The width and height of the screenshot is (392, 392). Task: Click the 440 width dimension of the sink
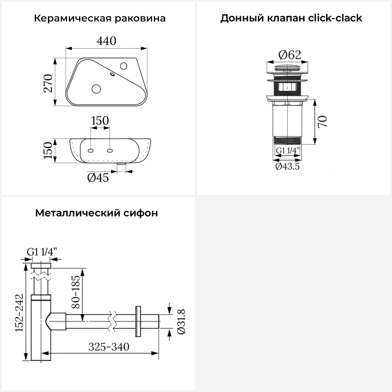[x=106, y=41]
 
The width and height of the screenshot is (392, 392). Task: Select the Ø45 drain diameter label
[x=98, y=178]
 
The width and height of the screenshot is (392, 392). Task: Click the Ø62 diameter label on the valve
[x=290, y=55]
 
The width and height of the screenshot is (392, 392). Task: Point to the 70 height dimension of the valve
[x=323, y=122]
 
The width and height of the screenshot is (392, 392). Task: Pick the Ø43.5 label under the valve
[x=287, y=166]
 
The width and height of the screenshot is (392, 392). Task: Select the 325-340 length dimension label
[x=109, y=347]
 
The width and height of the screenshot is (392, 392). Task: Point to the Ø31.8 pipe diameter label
[x=181, y=321]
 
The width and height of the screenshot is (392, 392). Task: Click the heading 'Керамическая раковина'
[x=100, y=18]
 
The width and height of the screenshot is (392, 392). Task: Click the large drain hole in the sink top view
[x=96, y=89]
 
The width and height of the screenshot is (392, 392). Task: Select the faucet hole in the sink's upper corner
[x=124, y=66]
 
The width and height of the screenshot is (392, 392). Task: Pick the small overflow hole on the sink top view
[x=113, y=74]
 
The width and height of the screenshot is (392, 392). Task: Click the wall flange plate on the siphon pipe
[x=138, y=321]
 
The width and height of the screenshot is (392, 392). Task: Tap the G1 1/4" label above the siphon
[x=42, y=252]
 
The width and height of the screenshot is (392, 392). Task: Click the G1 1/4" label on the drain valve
[x=287, y=151]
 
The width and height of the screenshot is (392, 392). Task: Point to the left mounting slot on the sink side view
[x=91, y=151]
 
